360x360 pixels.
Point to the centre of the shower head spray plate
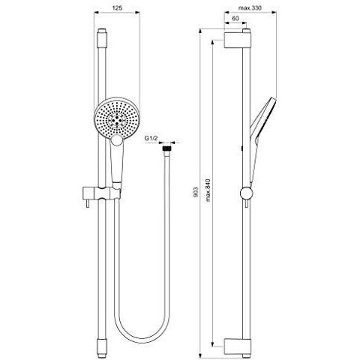[x=118, y=118]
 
